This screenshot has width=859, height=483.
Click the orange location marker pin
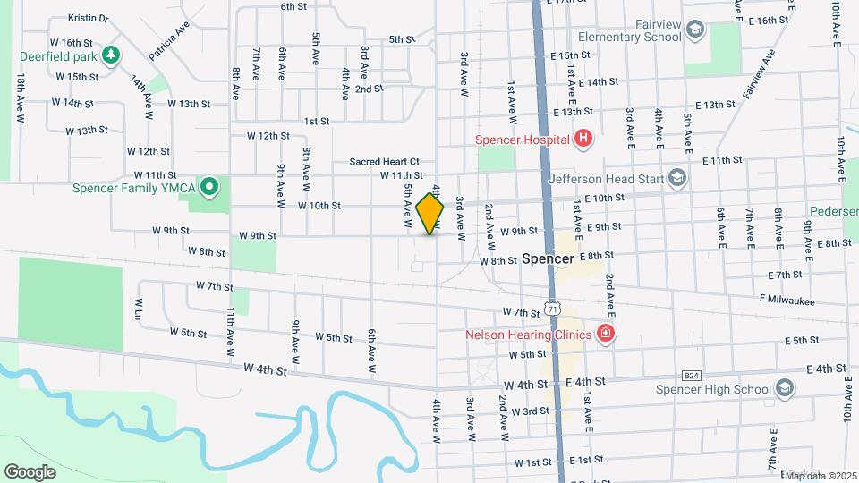pyautogui.click(x=430, y=213)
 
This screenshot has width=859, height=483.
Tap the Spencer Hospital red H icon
pyautogui.click(x=583, y=139)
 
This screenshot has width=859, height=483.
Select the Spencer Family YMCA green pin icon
pyautogui.click(x=209, y=187)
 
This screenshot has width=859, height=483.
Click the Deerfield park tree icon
pyautogui.click(x=111, y=55)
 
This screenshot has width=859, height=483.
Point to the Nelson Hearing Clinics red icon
pyautogui.click(x=606, y=335)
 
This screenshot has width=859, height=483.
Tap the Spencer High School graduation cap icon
pyautogui.click(x=785, y=388)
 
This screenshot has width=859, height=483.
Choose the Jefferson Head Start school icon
pyautogui.click(x=676, y=177)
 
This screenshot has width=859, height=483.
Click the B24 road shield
pyautogui.click(x=691, y=376)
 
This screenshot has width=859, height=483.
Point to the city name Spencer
pyautogui.click(x=547, y=258)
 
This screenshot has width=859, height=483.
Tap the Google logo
pyautogui.click(x=30, y=471)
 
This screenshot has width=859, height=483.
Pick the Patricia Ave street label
pyautogui.click(x=170, y=41)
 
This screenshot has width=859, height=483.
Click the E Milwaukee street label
pyautogui.click(x=787, y=300)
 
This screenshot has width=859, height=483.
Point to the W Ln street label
pyautogui.click(x=140, y=310)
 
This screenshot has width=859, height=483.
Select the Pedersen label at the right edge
pyautogui.click(x=834, y=212)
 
